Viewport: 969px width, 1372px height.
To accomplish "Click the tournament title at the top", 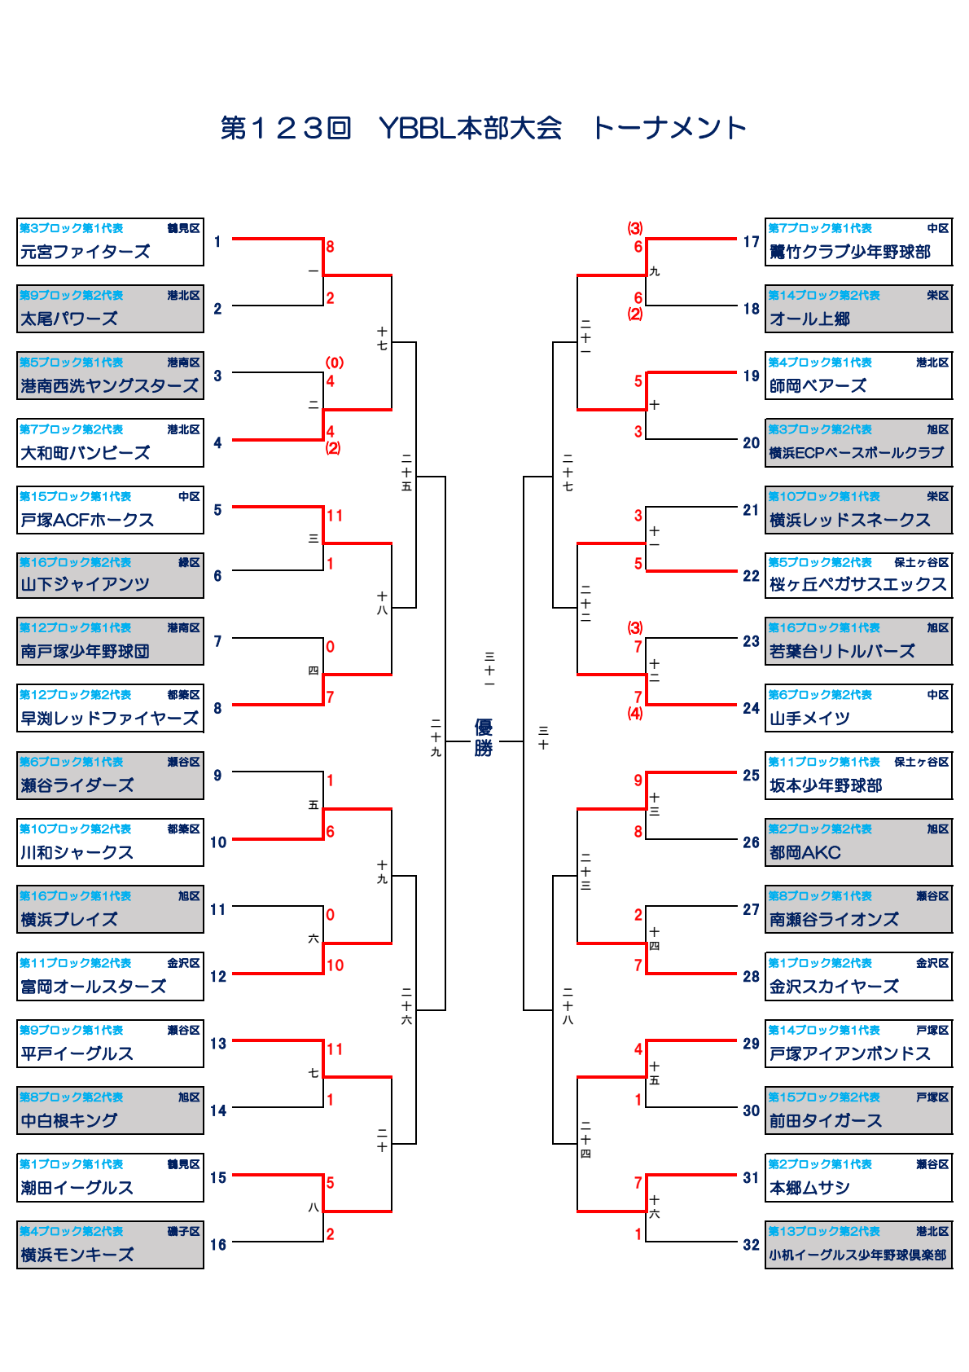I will tap(484, 128).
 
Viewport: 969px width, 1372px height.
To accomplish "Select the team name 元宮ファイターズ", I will tap(85, 252).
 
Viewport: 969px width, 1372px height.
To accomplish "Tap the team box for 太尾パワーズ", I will tap(110, 309).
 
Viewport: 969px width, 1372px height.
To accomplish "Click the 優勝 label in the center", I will tap(484, 738).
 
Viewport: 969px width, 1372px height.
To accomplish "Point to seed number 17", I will tap(751, 242).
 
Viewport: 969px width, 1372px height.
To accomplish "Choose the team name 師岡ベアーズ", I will tap(818, 385).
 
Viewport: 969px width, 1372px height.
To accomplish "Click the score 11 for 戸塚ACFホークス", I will tap(335, 516).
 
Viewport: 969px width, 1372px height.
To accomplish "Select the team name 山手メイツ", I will tap(809, 718).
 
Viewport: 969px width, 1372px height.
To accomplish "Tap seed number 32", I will tap(751, 1244).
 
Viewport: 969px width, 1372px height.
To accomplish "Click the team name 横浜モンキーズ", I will tap(77, 1255).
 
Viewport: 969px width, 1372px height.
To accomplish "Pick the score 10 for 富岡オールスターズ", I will tap(335, 965).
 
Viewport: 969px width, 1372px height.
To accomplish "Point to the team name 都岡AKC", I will tap(805, 852).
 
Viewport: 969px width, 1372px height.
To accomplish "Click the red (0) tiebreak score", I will tap(334, 363).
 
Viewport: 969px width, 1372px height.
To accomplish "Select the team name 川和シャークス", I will tap(77, 852).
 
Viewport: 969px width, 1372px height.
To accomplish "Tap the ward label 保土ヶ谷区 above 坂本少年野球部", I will tap(921, 762).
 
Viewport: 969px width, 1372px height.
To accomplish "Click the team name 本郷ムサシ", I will tap(809, 1188).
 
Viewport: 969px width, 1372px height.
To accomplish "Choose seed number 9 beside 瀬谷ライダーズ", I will tap(217, 775).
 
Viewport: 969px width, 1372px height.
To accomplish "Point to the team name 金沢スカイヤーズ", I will tap(834, 987).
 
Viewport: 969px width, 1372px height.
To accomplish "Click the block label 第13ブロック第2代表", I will tap(824, 1231).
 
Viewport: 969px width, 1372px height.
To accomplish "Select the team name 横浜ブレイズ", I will tap(69, 919).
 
